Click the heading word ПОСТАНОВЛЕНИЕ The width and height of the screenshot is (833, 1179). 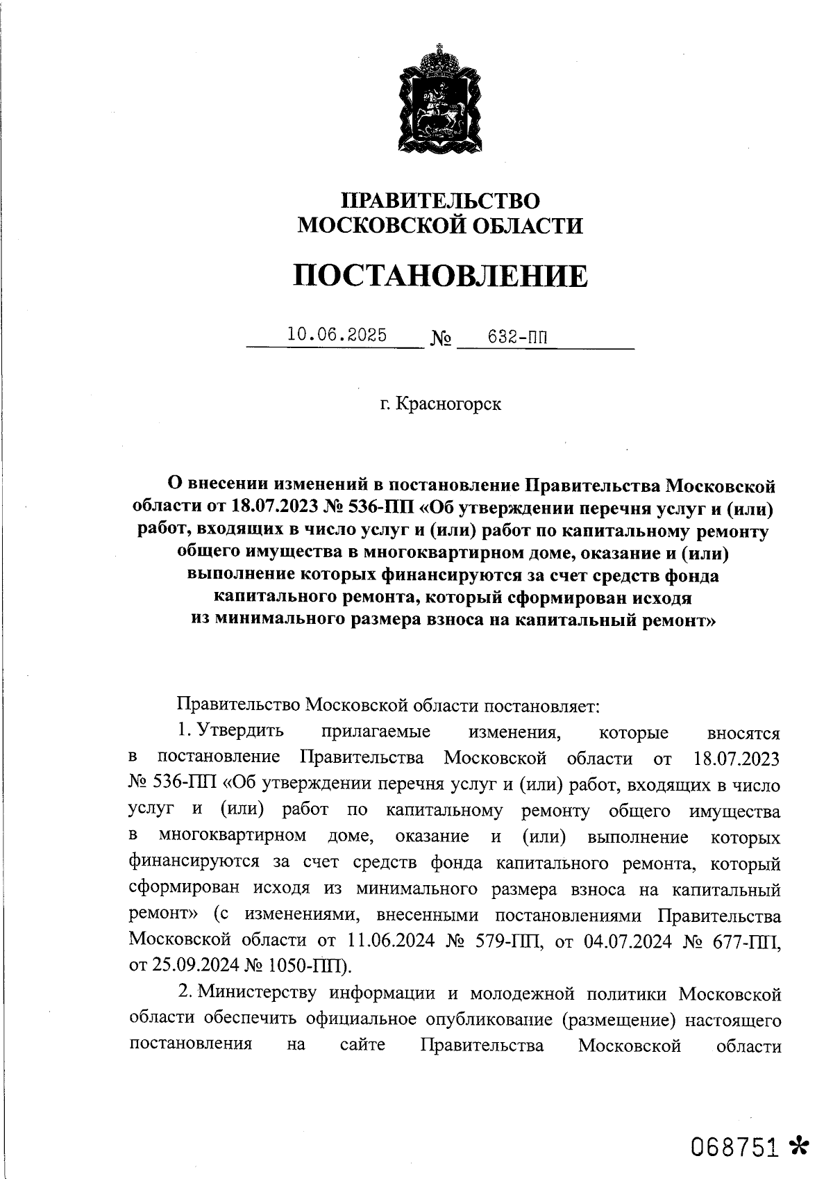tap(439, 276)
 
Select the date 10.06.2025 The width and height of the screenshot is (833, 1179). tap(337, 335)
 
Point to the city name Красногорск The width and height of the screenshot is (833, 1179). tap(448, 404)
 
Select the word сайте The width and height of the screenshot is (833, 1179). tap(363, 1046)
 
